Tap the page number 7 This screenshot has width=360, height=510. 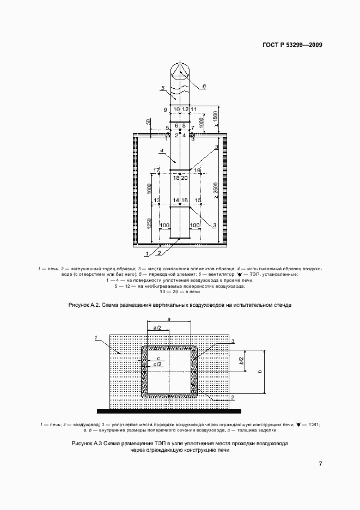(x=321, y=464)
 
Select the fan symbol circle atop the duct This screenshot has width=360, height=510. (x=179, y=72)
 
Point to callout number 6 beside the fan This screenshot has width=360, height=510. (x=204, y=86)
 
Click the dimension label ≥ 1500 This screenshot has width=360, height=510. (x=216, y=119)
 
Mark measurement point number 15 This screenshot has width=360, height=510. (x=198, y=201)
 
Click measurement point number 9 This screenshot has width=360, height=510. (x=165, y=110)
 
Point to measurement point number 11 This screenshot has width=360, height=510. (x=193, y=110)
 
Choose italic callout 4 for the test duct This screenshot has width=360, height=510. (x=162, y=151)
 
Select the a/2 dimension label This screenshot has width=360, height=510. (x=157, y=328)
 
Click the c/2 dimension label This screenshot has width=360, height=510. (x=158, y=365)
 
